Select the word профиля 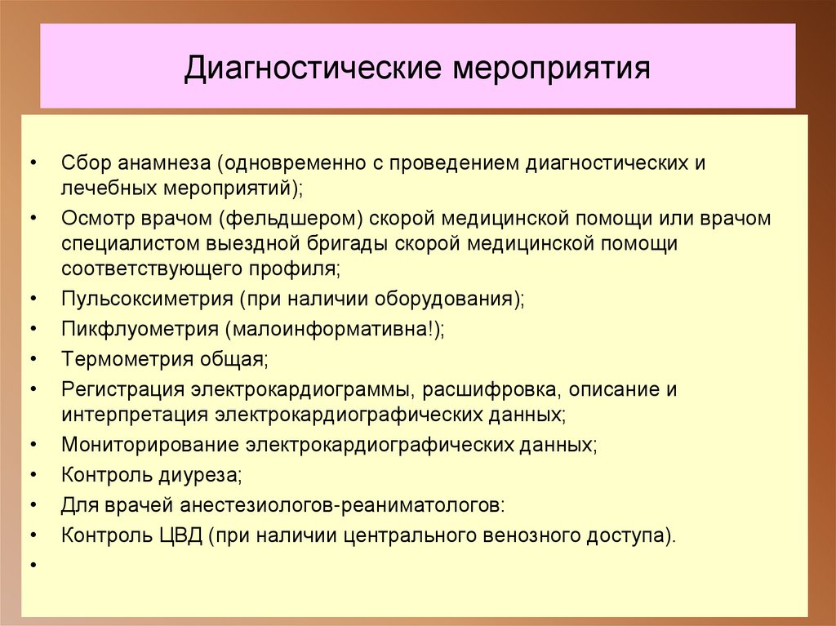click(x=298, y=268)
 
